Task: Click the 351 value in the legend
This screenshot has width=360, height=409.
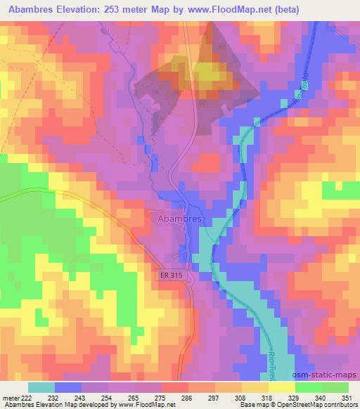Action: (347, 398)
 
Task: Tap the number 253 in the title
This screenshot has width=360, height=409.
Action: (137, 9)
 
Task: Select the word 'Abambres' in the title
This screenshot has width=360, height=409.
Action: (34, 9)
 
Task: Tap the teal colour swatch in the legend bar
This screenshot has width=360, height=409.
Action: (41, 387)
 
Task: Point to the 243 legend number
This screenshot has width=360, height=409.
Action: (80, 398)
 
